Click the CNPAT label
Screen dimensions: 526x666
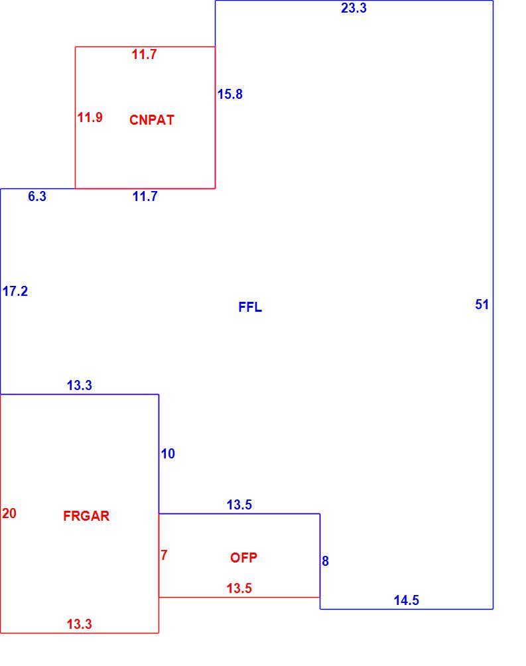click(x=152, y=120)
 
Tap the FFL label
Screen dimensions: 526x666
click(x=250, y=307)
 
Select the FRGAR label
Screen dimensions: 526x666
click(x=86, y=516)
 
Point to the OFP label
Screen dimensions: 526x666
click(x=243, y=558)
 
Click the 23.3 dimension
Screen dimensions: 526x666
click(x=354, y=8)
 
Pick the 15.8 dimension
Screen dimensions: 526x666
click(x=230, y=94)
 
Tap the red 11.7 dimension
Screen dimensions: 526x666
click(x=144, y=54)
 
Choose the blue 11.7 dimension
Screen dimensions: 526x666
click(x=145, y=196)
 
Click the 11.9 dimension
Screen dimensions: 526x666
click(x=90, y=117)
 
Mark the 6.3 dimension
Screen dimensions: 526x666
click(x=37, y=196)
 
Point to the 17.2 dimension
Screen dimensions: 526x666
click(x=15, y=291)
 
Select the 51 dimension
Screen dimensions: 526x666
click(x=482, y=304)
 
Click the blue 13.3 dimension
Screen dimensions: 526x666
click(x=80, y=385)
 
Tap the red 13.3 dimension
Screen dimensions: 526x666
click(x=80, y=624)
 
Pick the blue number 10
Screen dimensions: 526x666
click(x=168, y=454)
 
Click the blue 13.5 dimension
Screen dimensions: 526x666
click(x=239, y=505)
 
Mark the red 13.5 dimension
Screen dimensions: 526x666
click(x=239, y=588)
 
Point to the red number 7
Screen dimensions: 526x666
click(x=164, y=555)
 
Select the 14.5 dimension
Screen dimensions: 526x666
click(x=406, y=600)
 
